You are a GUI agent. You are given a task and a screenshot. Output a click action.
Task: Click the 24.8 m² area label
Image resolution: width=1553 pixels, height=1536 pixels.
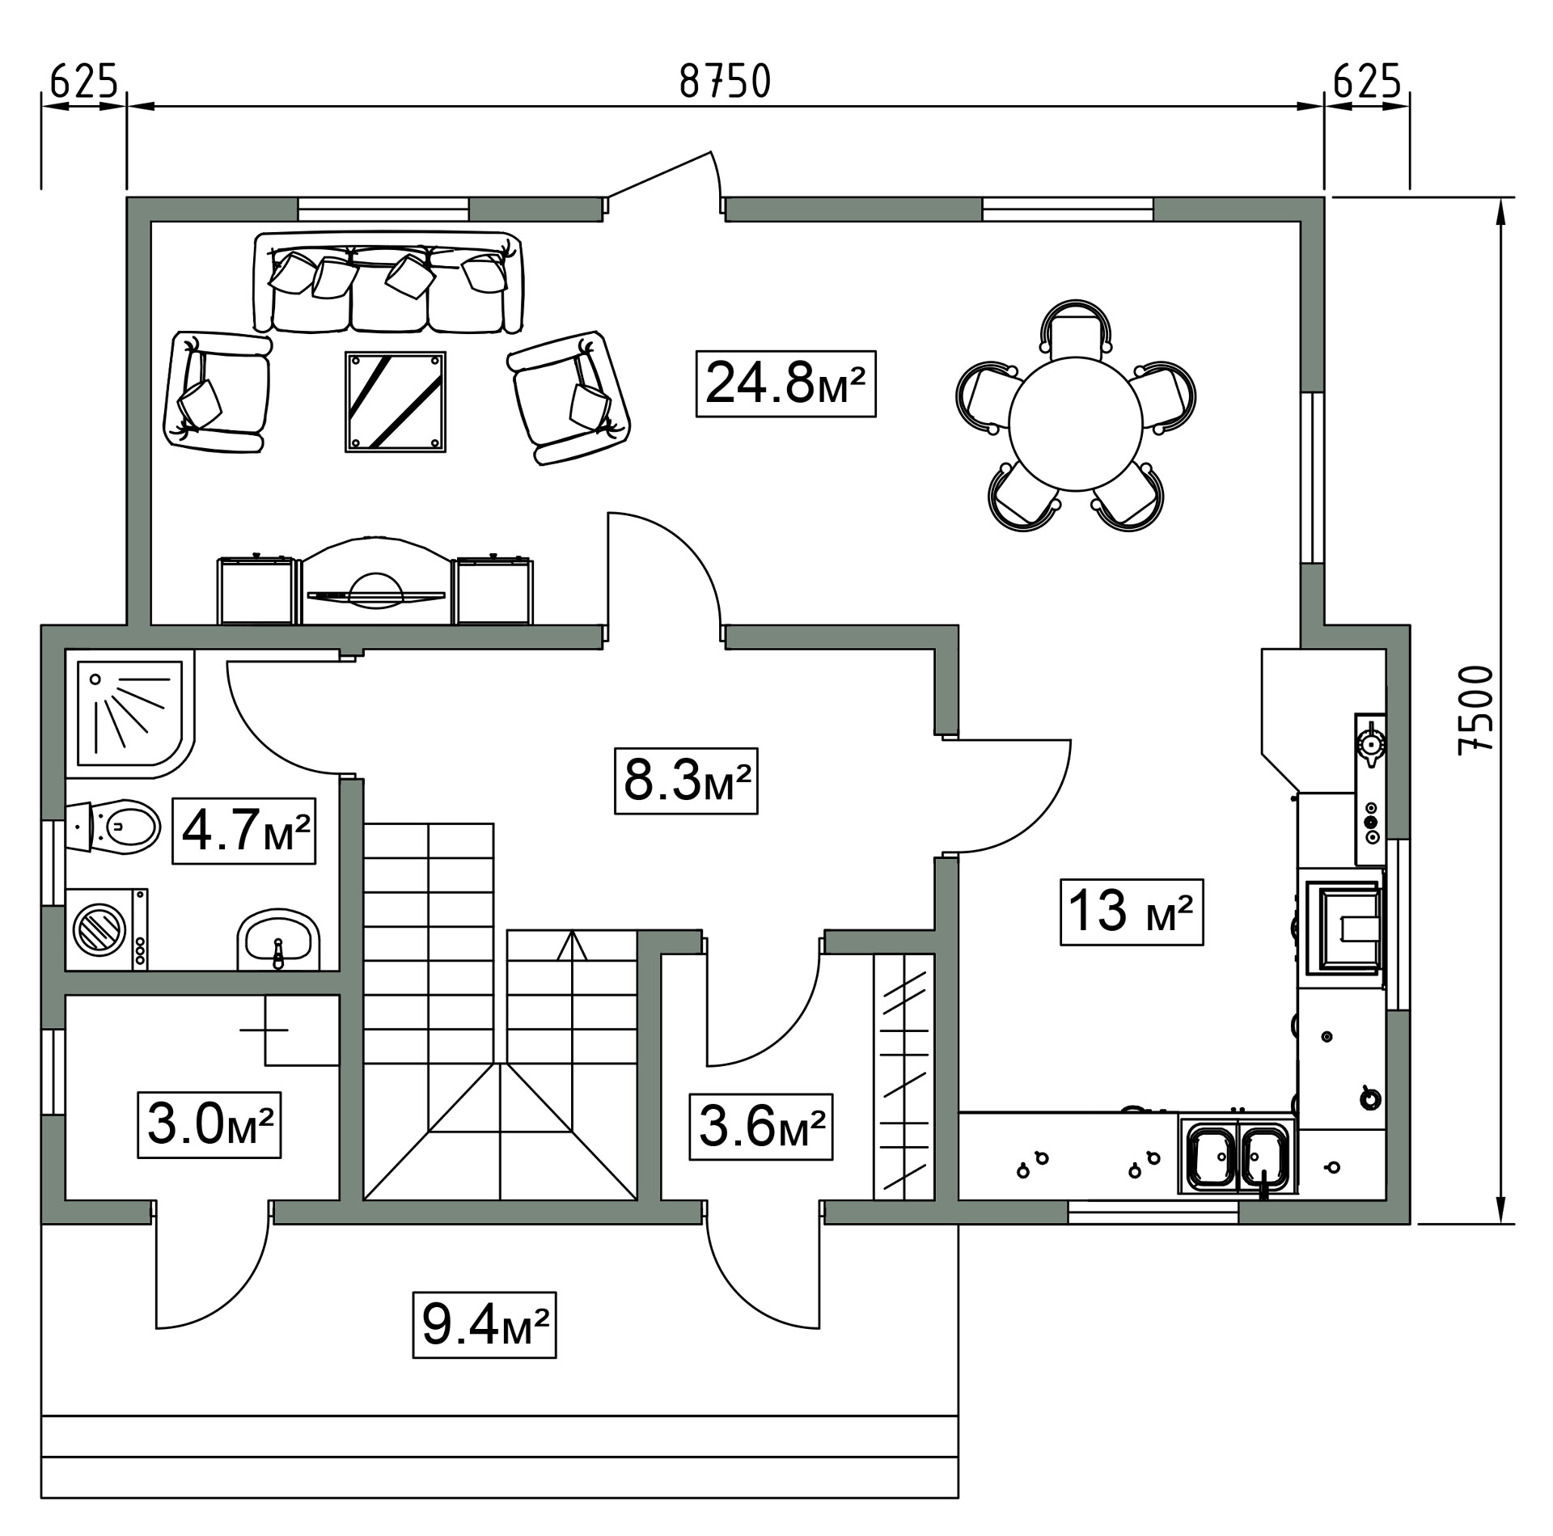click(x=785, y=383)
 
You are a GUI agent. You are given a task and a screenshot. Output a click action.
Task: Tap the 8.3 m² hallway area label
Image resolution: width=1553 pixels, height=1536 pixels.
click(x=686, y=781)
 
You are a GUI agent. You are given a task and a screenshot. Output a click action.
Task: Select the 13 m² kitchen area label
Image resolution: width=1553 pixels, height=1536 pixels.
click(x=1132, y=912)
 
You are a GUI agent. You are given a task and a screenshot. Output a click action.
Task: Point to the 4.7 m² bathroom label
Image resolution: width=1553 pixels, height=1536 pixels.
click(x=243, y=831)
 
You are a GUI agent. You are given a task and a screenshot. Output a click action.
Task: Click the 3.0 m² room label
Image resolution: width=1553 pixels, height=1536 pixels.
click(x=209, y=1125)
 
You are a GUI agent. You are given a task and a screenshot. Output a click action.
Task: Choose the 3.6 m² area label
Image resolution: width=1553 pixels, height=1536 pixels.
click(x=760, y=1127)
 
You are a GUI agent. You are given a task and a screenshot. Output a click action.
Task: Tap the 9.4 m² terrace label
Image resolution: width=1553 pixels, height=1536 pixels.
click(x=485, y=1325)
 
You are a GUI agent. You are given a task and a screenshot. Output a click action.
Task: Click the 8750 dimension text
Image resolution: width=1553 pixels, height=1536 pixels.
click(x=726, y=82)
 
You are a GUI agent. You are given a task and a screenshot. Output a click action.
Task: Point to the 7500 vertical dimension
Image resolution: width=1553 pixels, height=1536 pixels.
click(x=1474, y=711)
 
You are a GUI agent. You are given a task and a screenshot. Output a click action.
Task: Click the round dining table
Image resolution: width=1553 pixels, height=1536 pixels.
click(x=1076, y=424)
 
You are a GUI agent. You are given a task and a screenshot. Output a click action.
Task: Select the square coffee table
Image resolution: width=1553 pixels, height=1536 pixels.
click(x=396, y=401)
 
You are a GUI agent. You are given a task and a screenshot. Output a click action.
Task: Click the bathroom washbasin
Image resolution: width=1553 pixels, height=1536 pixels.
click(x=278, y=940)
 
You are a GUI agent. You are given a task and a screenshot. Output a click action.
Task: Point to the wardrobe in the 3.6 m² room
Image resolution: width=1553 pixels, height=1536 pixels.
click(x=904, y=1077)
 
